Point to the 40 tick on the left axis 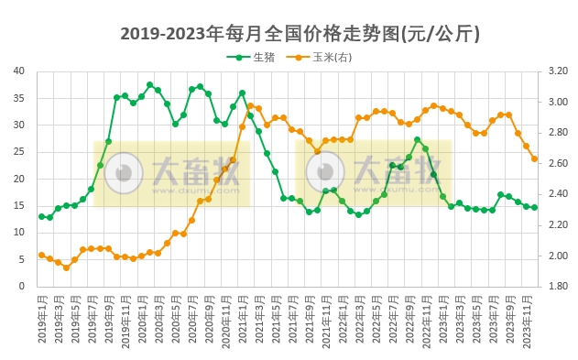pyautogui.click(x=18, y=71)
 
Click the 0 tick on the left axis pyautogui.click(x=21, y=286)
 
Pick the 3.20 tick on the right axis pyautogui.click(x=558, y=71)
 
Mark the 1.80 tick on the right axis pyautogui.click(x=558, y=286)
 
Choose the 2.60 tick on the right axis pyautogui.click(x=558, y=163)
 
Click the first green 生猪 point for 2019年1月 pyautogui.click(x=41, y=216)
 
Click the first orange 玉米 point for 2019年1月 pyautogui.click(x=41, y=255)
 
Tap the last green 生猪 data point pyautogui.click(x=534, y=207)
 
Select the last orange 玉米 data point pyautogui.click(x=534, y=158)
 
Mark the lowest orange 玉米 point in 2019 pyautogui.click(x=66, y=267)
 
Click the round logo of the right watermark pyautogui.click(x=324, y=172)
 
